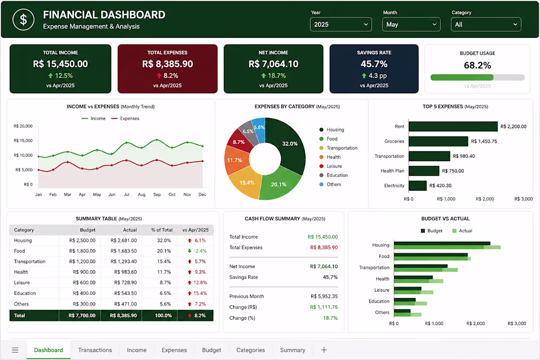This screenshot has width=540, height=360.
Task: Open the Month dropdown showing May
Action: tap(411, 25)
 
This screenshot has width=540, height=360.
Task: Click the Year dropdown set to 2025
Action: tap(341, 25)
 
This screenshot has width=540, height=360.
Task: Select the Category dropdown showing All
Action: tap(486, 25)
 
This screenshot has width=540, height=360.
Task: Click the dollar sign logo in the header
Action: tap(24, 20)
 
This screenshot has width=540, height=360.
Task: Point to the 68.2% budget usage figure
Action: tap(477, 65)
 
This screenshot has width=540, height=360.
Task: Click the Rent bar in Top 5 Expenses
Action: tap(453, 126)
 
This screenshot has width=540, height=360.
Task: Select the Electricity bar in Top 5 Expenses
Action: tap(418, 185)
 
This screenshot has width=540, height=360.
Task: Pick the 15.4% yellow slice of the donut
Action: tap(245, 183)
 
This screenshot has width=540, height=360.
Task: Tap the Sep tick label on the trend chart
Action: tap(157, 194)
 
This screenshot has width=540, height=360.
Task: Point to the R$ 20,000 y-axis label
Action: tap(23, 126)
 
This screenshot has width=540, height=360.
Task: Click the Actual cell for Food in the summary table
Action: tap(124, 251)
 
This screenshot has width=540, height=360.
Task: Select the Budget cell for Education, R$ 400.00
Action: tap(84, 293)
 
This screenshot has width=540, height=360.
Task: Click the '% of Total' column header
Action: tap(162, 230)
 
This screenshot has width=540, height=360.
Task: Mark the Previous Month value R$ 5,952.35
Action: tap(324, 296)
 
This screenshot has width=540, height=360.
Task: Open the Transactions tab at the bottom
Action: tap(95, 350)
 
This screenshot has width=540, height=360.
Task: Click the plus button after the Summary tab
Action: tap(324, 350)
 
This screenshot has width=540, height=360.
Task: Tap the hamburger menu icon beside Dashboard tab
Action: tap(15, 350)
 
